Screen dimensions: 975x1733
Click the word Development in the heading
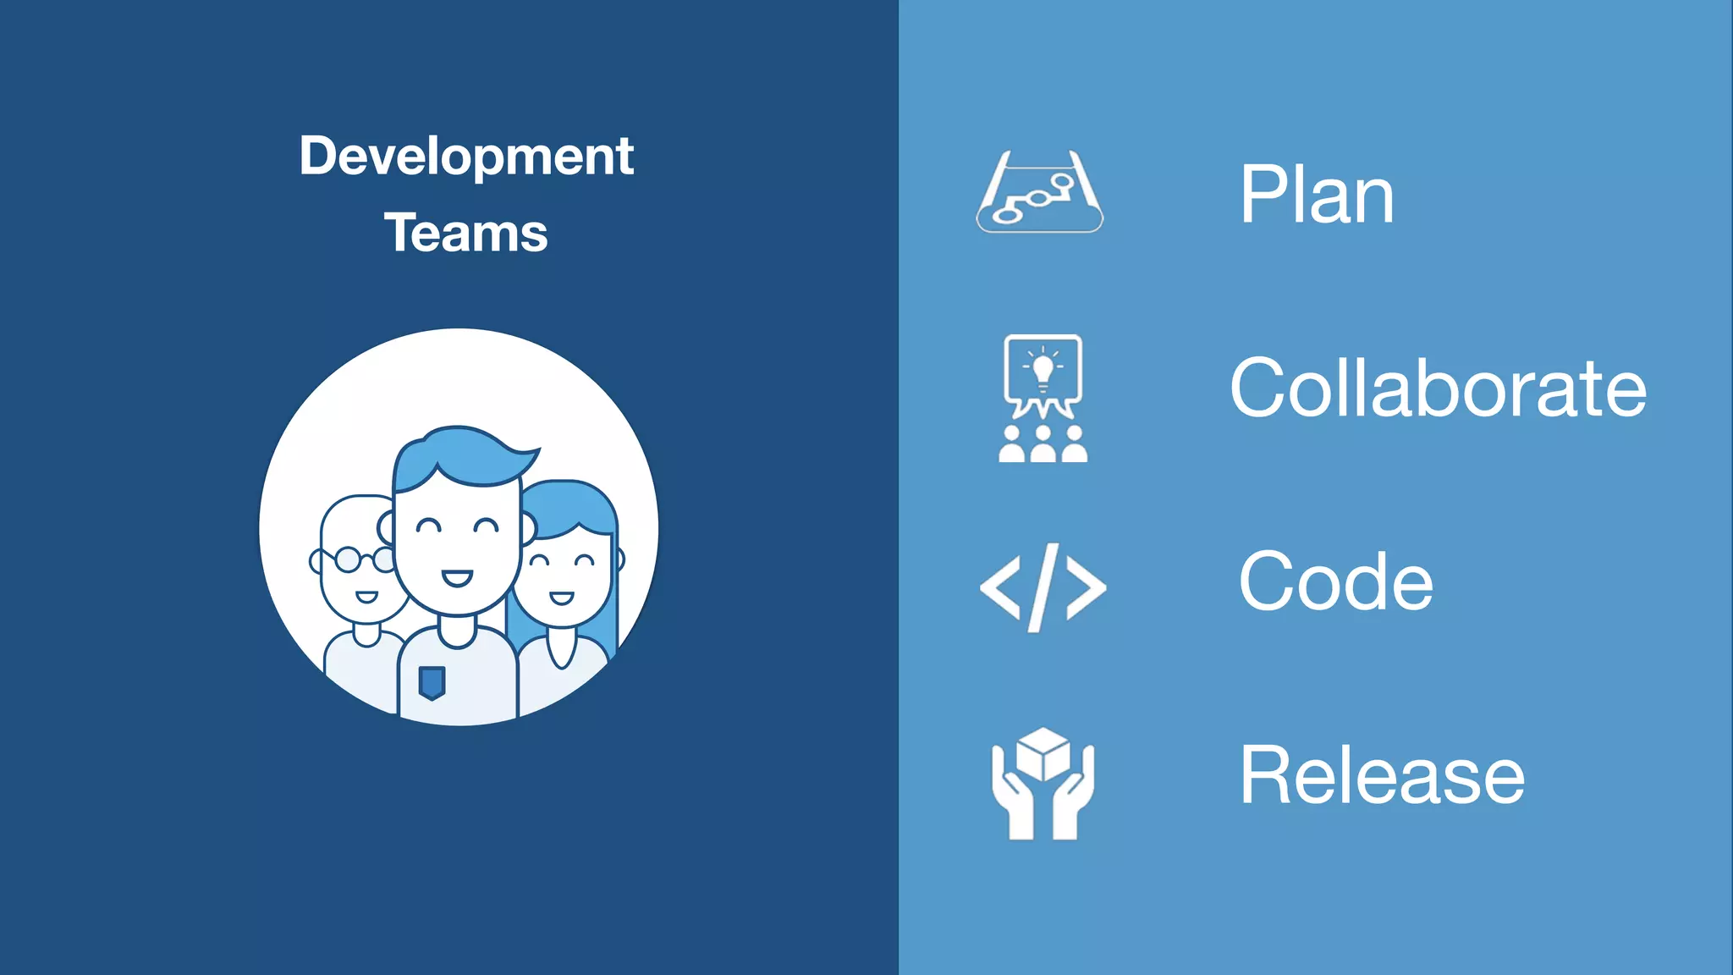click(x=466, y=157)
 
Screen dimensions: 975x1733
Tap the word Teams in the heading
click(x=466, y=233)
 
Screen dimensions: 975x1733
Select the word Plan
click(x=1317, y=196)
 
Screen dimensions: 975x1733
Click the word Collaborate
click(x=1438, y=388)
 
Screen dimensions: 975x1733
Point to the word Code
click(x=1335, y=581)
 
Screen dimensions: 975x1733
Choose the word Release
click(x=1382, y=775)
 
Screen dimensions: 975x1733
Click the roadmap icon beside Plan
click(x=1040, y=192)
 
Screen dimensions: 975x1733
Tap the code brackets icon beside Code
click(x=1043, y=587)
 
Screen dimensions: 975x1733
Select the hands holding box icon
click(x=1043, y=784)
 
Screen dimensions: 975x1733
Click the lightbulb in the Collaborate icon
click(x=1043, y=369)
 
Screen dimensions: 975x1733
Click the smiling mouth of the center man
click(x=457, y=579)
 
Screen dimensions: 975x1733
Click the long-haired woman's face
click(x=562, y=576)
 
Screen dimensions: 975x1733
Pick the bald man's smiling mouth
click(x=366, y=598)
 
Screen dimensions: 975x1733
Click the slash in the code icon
click(x=1043, y=587)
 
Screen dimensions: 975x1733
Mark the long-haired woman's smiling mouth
click(x=562, y=598)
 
